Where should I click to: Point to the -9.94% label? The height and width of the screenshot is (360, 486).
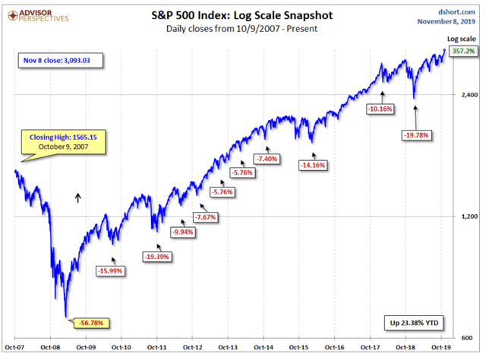182,231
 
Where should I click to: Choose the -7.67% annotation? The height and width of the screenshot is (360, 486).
206,217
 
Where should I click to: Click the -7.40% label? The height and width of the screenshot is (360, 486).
267,159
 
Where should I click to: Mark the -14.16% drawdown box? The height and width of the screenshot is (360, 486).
313,165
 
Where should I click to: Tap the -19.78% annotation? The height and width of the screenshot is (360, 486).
417,135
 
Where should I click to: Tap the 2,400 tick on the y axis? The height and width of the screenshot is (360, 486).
465,95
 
